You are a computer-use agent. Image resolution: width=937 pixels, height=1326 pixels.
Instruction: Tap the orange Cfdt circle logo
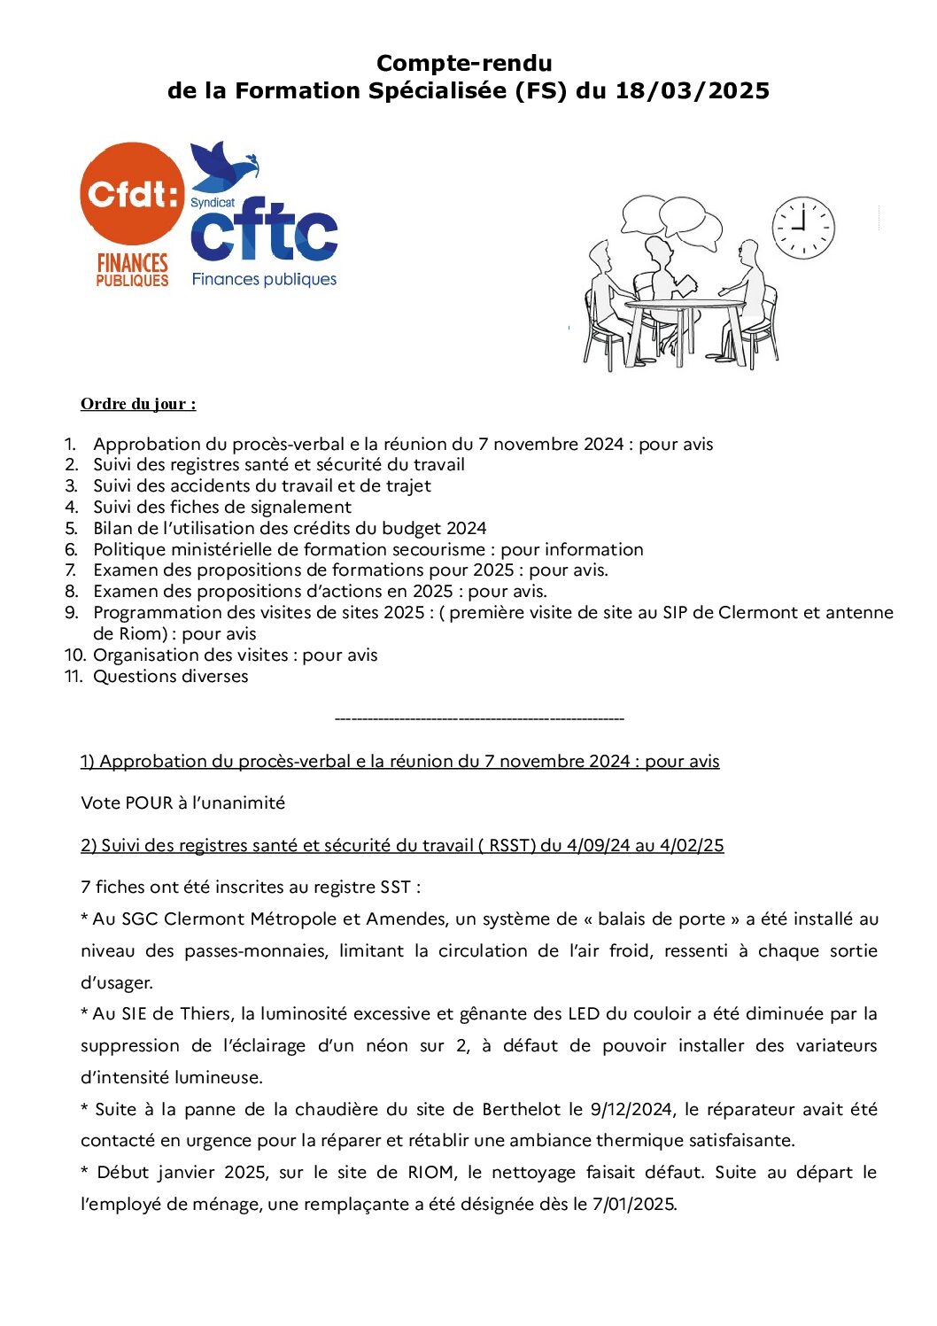point(133,194)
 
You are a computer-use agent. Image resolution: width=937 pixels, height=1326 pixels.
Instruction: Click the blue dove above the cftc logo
point(222,166)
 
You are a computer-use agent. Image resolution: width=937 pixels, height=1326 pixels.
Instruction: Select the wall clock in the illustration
point(803,228)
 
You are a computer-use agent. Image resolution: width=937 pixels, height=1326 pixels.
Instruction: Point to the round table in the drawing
point(685,306)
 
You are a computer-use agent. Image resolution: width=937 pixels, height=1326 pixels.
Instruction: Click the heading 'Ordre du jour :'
point(138,404)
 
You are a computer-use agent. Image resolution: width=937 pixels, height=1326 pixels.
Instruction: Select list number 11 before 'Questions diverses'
point(74,677)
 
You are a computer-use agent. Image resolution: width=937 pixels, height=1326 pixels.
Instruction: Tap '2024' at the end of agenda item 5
point(466,529)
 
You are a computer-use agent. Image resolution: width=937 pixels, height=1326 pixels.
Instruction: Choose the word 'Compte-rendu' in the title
point(464,63)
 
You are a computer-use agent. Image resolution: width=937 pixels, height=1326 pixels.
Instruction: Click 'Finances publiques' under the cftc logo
point(264,279)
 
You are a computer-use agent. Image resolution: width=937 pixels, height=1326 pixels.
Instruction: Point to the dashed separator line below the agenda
point(479,718)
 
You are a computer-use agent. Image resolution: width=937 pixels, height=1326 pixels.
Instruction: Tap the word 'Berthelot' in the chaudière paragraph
point(521,1110)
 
